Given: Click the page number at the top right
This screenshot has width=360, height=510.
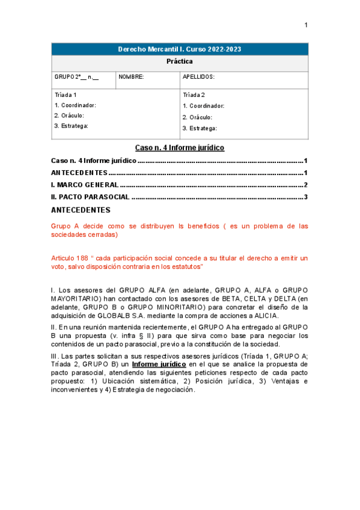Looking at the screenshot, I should (305, 25).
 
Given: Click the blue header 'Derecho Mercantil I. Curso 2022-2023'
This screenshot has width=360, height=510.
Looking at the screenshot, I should (180, 49).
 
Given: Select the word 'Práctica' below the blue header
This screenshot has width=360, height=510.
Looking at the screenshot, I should (180, 61).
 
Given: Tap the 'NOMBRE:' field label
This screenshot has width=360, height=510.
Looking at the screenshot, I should (131, 77).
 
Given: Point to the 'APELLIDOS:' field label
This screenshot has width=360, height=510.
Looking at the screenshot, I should (198, 77).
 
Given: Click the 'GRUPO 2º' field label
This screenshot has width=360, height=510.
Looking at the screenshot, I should (68, 77).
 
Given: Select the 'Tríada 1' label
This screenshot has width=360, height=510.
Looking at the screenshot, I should (66, 95).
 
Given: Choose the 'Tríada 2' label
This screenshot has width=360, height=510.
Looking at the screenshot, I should (194, 95).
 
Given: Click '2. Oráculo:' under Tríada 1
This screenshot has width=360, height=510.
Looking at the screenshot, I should (69, 115).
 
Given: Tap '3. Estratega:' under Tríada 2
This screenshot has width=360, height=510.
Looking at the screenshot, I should (200, 128).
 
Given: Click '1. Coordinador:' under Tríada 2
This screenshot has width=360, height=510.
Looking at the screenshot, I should (204, 106).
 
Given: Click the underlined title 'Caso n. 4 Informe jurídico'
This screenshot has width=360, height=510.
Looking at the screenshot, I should (180, 147).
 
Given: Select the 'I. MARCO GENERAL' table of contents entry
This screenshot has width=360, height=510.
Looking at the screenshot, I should (84, 185).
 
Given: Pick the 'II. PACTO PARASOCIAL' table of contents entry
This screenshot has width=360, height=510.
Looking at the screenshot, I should (90, 197).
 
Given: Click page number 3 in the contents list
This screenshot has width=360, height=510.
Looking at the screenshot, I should (306, 197).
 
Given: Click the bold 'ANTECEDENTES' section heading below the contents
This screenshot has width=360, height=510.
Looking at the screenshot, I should (81, 210).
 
